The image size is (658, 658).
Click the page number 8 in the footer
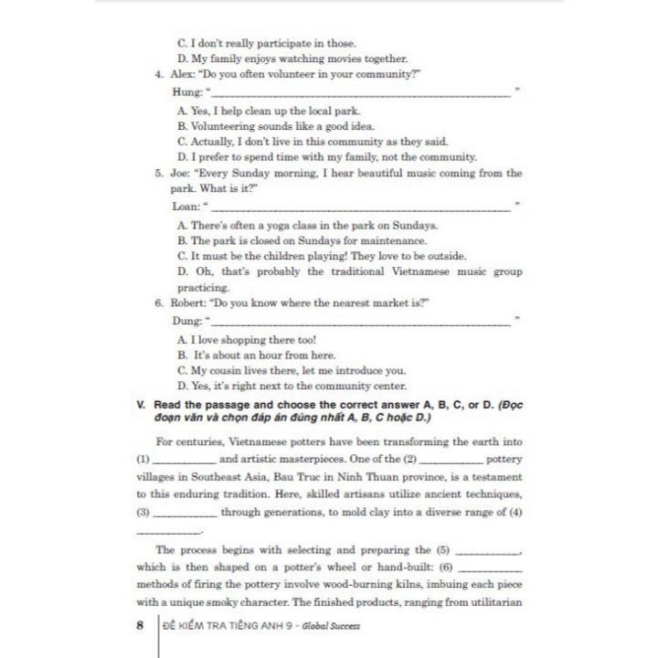click(x=140, y=626)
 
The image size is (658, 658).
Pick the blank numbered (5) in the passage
click(x=485, y=550)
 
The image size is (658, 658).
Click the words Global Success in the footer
click(x=328, y=626)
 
